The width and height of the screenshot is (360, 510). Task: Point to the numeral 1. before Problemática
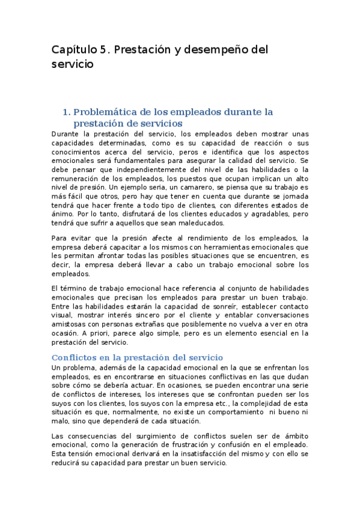click(67, 112)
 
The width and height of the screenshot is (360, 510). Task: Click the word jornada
click(294, 196)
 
